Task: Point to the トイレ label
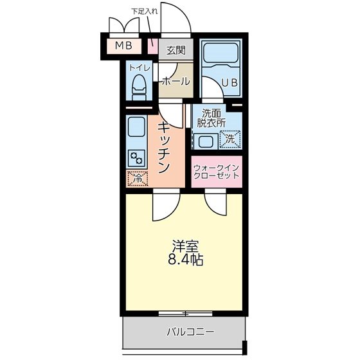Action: pyautogui.click(x=139, y=66)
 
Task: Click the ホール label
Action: pyautogui.click(x=175, y=82)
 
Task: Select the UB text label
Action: pyautogui.click(x=230, y=82)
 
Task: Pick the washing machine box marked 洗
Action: pyautogui.click(x=230, y=138)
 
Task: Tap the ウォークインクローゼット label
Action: pyautogui.click(x=216, y=172)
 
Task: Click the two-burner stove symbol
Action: pyautogui.click(x=137, y=157)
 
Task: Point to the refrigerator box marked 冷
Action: pyautogui.click(x=137, y=179)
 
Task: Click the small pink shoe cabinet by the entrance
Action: pyautogui.click(x=153, y=47)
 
